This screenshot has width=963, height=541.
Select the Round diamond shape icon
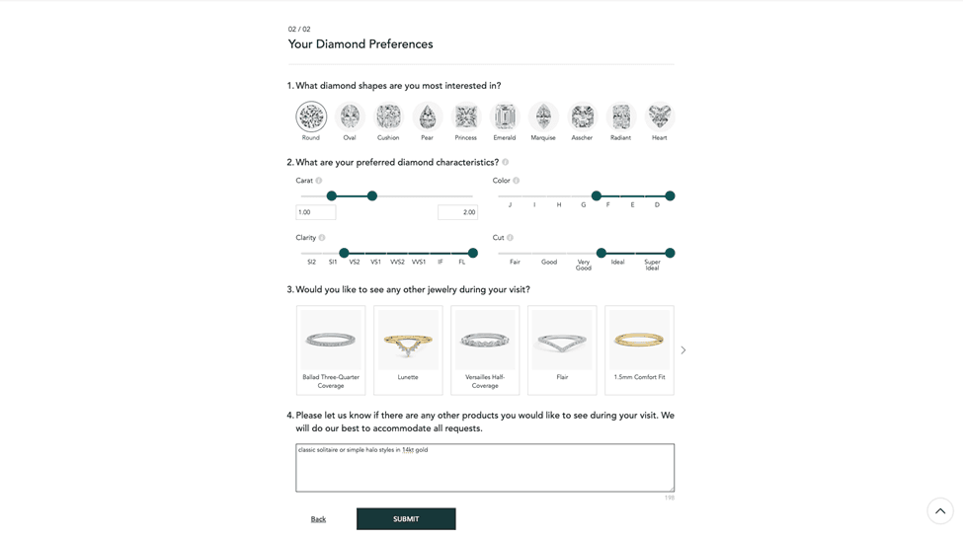[311, 116]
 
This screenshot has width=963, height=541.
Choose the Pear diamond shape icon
[427, 116]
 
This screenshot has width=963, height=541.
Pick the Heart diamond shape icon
[660, 116]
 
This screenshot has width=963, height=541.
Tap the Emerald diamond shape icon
[505, 116]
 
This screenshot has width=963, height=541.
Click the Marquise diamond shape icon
[543, 116]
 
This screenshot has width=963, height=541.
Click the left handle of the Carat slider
[332, 195]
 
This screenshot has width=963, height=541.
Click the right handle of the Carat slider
[372, 195]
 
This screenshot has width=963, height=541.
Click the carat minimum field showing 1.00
[316, 212]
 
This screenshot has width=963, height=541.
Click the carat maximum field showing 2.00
[457, 212]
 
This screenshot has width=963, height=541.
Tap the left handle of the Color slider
[597, 195]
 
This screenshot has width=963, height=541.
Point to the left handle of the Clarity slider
[344, 253]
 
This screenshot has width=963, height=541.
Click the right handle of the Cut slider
[670, 253]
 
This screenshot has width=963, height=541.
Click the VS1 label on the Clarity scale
[376, 263]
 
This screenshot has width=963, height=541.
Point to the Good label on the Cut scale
[549, 263]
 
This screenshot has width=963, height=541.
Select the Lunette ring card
[408, 350]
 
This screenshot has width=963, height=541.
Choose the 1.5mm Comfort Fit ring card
[639, 350]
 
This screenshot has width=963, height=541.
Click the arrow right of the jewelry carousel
[682, 350]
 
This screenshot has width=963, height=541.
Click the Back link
[318, 519]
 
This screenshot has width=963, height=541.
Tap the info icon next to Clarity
[322, 238]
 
